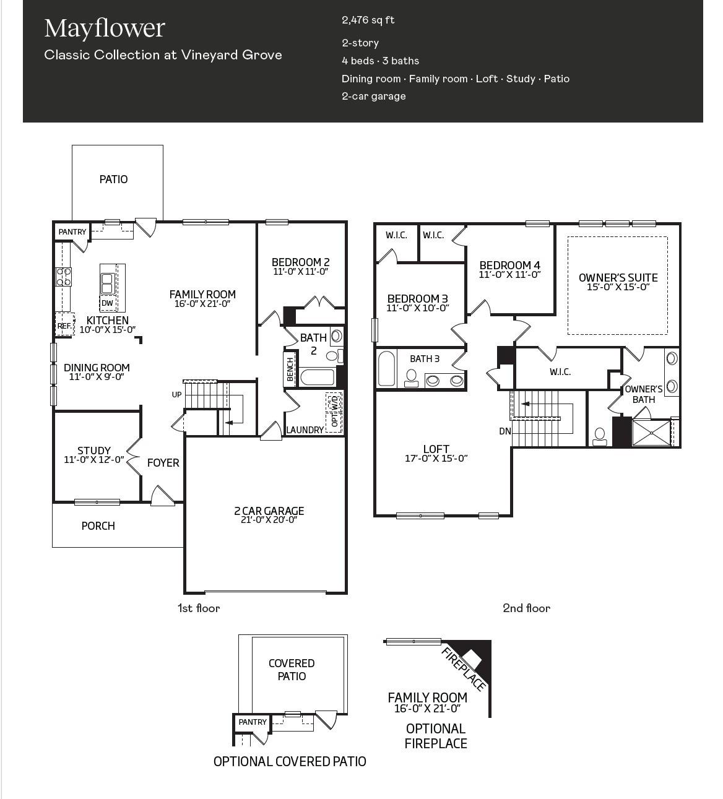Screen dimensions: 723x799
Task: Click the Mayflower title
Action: tap(105, 28)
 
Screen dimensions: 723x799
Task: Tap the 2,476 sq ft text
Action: tap(368, 20)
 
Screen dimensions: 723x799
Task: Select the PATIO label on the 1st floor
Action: tap(114, 179)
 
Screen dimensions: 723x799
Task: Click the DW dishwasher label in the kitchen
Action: tap(107, 303)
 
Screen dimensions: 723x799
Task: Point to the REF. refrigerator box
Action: tap(64, 326)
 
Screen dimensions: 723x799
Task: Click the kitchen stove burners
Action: tap(63, 277)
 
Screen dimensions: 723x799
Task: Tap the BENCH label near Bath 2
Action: tap(290, 369)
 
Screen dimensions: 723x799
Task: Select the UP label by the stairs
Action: tap(176, 394)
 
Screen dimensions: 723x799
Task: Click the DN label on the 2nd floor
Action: tap(505, 431)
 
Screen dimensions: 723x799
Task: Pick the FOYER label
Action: tap(163, 463)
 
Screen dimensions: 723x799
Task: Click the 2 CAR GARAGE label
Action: tap(269, 511)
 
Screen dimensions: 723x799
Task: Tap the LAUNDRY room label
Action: tap(305, 430)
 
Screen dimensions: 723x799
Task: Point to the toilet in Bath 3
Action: tap(411, 378)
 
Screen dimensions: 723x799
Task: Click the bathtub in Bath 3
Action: tap(386, 368)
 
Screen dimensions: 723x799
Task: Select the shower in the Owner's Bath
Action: tap(651, 433)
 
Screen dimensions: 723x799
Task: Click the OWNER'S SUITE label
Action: tap(618, 278)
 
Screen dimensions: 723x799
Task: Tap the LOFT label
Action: tap(436, 449)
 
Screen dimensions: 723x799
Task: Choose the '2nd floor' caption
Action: tap(526, 608)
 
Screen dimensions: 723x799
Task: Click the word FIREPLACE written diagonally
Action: tap(464, 669)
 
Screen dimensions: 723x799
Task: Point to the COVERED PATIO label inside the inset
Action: tap(292, 670)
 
